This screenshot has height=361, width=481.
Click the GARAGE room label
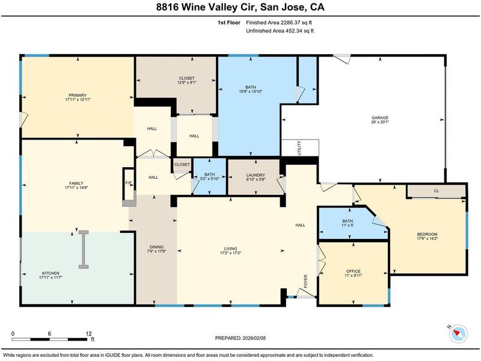click(380, 117)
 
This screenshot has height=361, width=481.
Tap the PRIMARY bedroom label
click(78, 95)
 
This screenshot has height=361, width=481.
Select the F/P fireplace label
click(129, 183)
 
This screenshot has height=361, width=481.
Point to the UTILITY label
click(299, 148)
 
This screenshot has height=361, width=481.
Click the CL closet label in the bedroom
click(437, 191)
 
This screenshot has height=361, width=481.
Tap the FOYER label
click(305, 281)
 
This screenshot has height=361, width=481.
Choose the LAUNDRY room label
click(256, 175)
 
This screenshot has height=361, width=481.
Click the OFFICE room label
click(354, 271)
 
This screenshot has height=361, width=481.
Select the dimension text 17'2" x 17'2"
click(230, 253)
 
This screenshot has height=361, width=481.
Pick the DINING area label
click(156, 247)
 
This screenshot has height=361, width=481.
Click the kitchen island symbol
click(84, 250)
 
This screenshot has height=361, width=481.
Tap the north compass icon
click(458, 334)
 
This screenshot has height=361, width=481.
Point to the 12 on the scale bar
click(89, 334)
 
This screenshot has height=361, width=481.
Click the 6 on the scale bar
click(49, 334)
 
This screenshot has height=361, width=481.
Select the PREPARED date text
click(240, 338)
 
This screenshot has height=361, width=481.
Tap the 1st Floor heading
click(229, 22)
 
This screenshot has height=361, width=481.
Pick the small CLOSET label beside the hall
click(182, 164)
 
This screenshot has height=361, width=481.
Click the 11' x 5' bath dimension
click(348, 225)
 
